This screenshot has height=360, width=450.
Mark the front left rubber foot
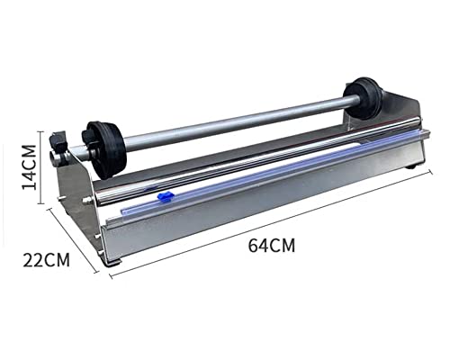pos(113,263)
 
